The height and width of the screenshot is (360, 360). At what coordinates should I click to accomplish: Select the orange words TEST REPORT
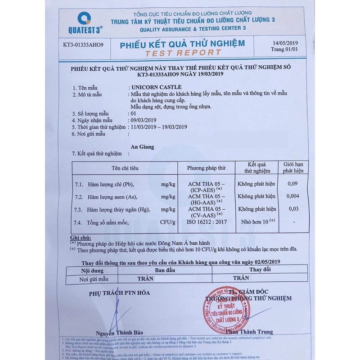(183, 53)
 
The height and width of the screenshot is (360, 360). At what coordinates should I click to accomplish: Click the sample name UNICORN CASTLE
(156, 87)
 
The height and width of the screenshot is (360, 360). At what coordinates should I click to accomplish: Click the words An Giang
(142, 147)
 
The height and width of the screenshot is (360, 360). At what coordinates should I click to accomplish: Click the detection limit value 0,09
(293, 184)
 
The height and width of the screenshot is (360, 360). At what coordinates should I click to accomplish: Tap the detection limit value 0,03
(293, 209)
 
